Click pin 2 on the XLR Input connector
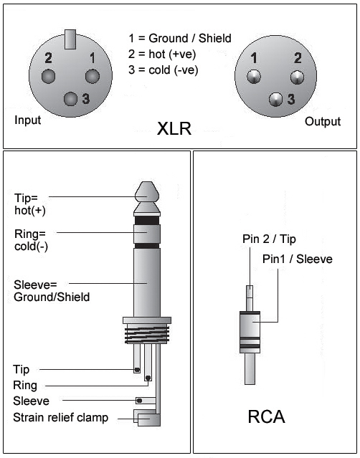(x=48, y=76)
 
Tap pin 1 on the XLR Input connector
(x=93, y=76)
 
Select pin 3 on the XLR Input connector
(x=71, y=99)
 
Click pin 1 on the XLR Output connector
(x=254, y=77)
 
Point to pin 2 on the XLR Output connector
(x=297, y=77)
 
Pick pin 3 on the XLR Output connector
(x=276, y=100)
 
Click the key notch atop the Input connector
(x=70, y=39)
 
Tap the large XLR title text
(x=174, y=128)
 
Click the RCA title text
(x=266, y=416)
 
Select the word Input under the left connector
(x=28, y=120)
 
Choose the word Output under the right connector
(x=323, y=122)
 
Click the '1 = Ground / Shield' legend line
(x=180, y=38)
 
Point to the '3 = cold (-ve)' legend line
(x=164, y=70)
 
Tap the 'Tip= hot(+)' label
(x=30, y=204)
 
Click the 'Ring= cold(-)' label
(x=31, y=240)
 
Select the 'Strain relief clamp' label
(x=60, y=418)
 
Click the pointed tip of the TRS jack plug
(x=147, y=182)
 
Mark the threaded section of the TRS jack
(x=147, y=335)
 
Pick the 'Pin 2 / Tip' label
(x=269, y=239)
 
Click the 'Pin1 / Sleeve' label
(x=298, y=259)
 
